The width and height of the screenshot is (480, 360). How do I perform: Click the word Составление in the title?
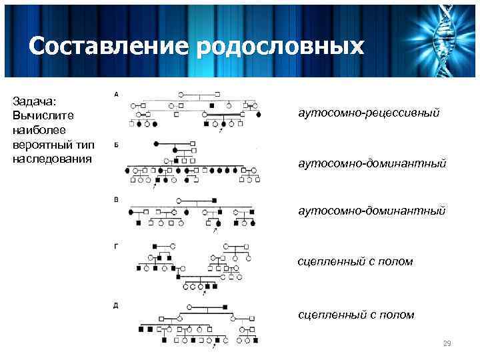[109, 46]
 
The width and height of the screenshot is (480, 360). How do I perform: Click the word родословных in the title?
[281, 46]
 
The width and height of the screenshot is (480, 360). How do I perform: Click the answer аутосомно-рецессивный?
[369, 114]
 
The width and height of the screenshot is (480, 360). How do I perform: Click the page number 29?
[447, 343]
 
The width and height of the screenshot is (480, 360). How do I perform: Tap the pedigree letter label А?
[117, 94]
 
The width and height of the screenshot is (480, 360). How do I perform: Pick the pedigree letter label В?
[117, 198]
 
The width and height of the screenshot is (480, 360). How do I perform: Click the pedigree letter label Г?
[117, 246]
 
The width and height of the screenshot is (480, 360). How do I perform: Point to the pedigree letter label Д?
[117, 305]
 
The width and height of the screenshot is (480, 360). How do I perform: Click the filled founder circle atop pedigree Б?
[157, 144]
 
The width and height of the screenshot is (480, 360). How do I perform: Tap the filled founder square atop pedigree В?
[215, 201]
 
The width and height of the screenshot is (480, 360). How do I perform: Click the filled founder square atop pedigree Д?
[225, 307]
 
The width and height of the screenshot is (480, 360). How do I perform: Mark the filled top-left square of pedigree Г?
[155, 246]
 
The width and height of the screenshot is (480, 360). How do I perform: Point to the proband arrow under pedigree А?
[221, 131]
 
